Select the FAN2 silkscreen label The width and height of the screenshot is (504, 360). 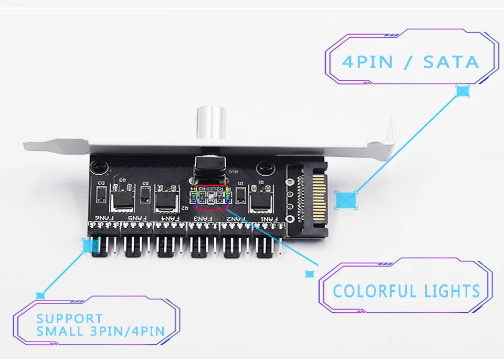(235, 218)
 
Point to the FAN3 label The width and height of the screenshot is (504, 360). (203, 218)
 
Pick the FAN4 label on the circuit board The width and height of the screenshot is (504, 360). (170, 218)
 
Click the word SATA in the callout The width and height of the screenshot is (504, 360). (451, 62)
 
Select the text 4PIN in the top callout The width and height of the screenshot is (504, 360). (367, 62)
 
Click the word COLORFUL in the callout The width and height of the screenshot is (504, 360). (367, 291)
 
